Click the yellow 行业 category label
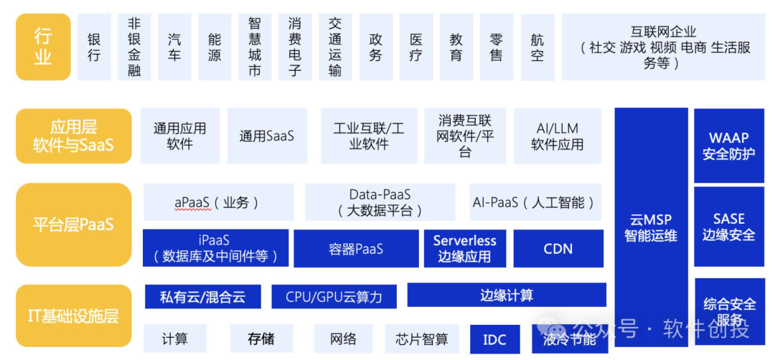(x=43, y=47)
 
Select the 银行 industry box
(x=94, y=47)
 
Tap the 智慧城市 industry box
(x=255, y=47)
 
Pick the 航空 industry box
(x=537, y=47)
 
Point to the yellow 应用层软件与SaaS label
(x=73, y=136)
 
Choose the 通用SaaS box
(x=267, y=136)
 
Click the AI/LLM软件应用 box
(x=558, y=136)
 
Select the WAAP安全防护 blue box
(x=728, y=146)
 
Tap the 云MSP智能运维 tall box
(x=651, y=227)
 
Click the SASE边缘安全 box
(x=728, y=227)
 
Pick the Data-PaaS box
(x=380, y=202)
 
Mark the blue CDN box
(x=558, y=249)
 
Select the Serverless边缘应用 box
(x=464, y=249)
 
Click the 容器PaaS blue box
(x=356, y=249)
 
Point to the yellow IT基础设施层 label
(x=73, y=316)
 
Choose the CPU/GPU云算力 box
(x=334, y=296)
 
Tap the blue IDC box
(x=494, y=339)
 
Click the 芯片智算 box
(x=422, y=339)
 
